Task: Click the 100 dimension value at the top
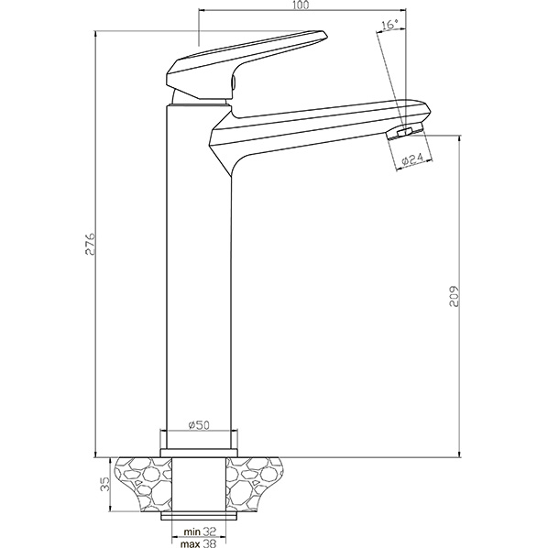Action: click(x=301, y=5)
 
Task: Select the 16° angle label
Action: click(x=390, y=25)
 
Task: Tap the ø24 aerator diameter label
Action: click(x=412, y=159)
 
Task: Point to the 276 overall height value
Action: click(x=90, y=244)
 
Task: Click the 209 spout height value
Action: click(x=454, y=297)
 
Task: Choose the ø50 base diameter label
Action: click(x=199, y=425)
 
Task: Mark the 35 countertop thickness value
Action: click(x=104, y=484)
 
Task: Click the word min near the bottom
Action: click(x=192, y=532)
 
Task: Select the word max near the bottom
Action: click(x=190, y=543)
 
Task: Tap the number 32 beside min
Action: click(x=209, y=532)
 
